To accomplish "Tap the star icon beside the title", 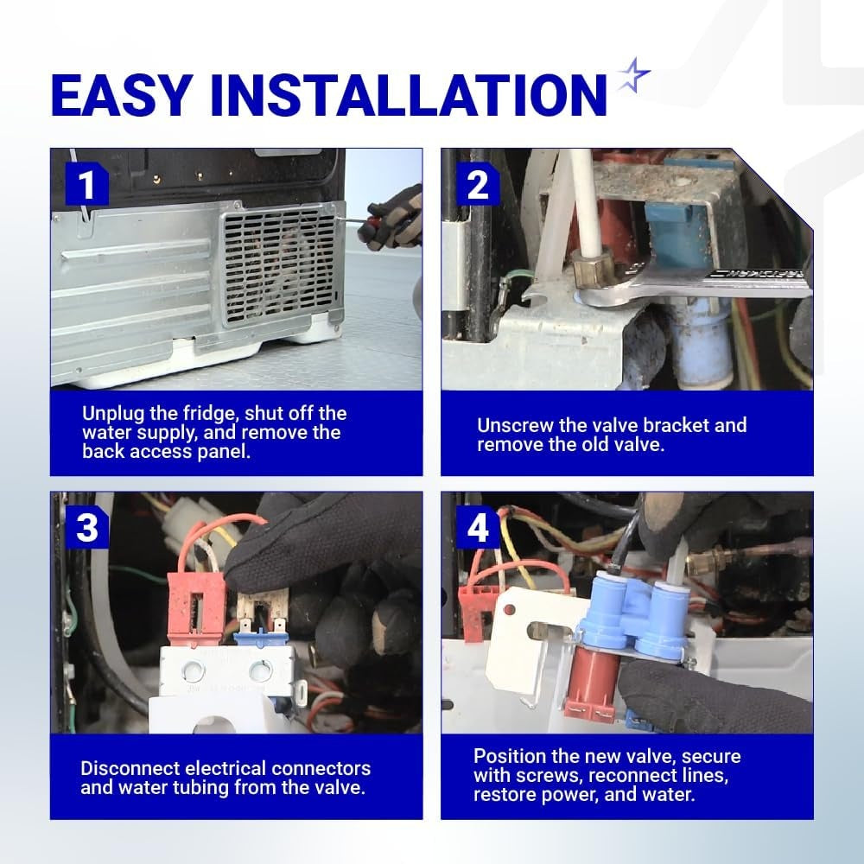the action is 633,74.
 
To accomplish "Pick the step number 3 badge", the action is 86,527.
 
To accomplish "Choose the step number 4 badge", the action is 477,527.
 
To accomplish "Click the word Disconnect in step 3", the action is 130,768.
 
